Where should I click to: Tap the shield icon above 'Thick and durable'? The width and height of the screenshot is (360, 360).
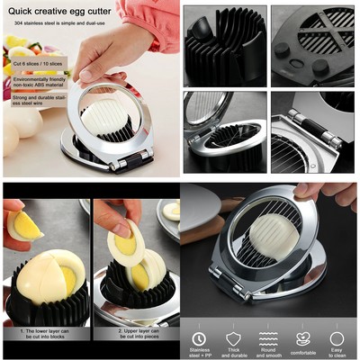[x=233, y=338]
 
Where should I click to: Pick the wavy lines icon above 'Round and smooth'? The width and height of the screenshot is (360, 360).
[x=268, y=338]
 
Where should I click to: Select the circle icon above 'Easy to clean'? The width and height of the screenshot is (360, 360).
[x=337, y=338]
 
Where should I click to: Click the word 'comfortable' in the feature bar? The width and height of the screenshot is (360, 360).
[x=303, y=354]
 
